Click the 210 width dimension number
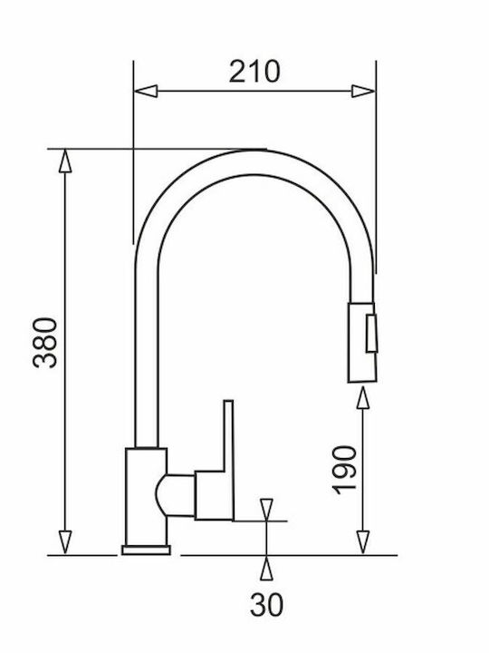click(x=254, y=72)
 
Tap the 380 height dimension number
click(x=45, y=342)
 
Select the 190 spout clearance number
click(x=345, y=470)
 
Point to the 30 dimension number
click(x=266, y=605)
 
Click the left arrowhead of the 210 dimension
click(x=146, y=91)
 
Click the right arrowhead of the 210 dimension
click(x=363, y=91)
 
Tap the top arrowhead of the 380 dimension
click(x=65, y=161)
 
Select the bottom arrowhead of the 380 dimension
click(x=65, y=542)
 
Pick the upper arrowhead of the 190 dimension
click(x=363, y=398)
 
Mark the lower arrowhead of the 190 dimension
click(x=363, y=542)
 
